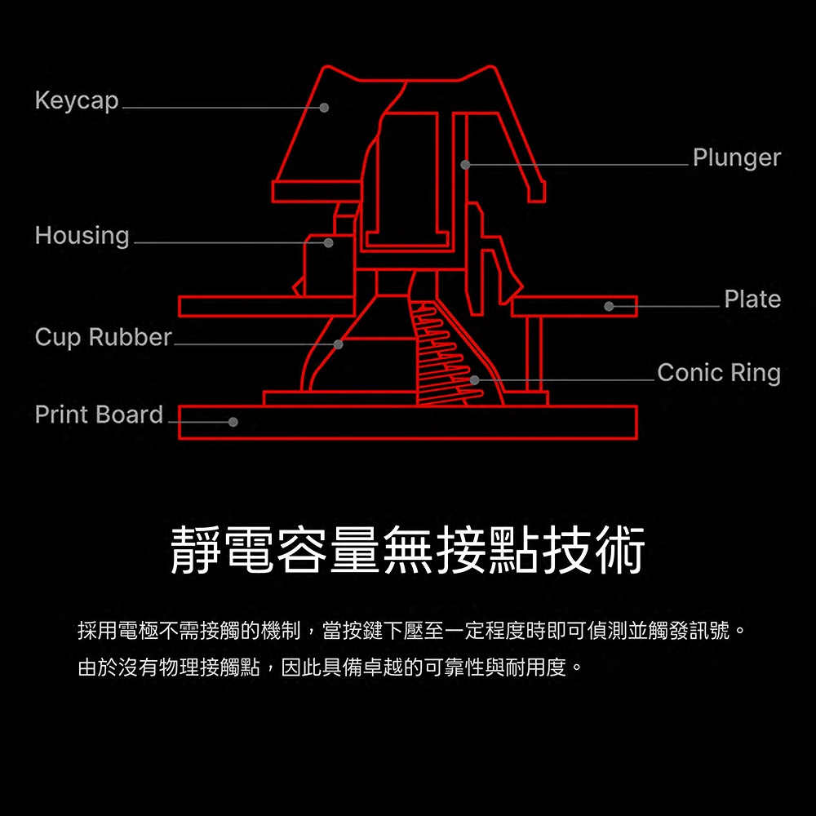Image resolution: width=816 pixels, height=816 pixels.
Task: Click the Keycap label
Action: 77,100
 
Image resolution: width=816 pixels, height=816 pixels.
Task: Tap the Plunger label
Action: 736,157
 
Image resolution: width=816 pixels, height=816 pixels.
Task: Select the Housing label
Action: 82,236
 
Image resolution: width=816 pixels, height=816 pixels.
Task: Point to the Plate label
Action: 752,299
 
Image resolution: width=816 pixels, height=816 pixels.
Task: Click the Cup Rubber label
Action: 103,337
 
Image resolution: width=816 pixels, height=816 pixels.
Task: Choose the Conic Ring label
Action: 718,373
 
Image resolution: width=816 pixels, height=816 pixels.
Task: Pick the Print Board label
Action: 99,415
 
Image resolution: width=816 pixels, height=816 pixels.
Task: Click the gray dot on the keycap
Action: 324,108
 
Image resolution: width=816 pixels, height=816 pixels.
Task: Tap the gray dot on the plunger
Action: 465,165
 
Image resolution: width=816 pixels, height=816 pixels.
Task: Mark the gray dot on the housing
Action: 329,243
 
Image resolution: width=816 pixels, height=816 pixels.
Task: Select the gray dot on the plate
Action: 609,306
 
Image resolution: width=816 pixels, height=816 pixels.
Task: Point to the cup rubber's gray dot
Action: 339,344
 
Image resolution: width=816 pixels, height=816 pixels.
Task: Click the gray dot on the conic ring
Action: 475,380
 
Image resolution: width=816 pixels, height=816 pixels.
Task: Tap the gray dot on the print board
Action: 233,422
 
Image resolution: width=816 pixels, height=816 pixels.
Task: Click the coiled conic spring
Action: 445,351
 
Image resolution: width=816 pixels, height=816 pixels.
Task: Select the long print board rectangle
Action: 408,422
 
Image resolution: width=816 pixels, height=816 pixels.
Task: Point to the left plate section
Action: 265,306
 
